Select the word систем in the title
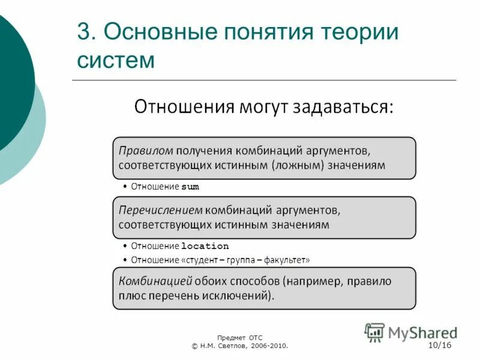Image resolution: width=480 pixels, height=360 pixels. pos(116,60)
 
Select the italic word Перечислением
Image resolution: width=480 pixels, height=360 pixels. pos(160,210)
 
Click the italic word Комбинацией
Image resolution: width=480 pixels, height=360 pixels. pos(155,281)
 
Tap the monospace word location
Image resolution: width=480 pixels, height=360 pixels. pos(205,247)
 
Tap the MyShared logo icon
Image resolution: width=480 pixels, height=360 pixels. pos(375,332)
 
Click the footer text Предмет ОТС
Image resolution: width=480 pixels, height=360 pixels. pos(240,338)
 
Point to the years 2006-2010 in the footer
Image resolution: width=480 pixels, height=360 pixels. pos(268,346)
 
